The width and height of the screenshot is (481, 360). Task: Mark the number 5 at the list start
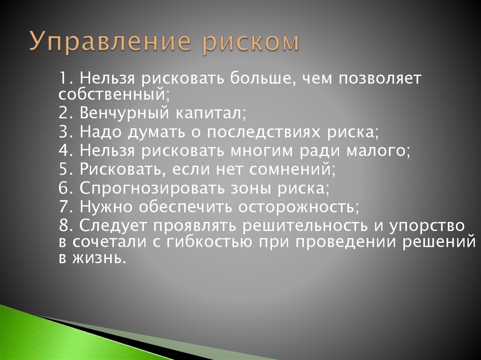64,169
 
